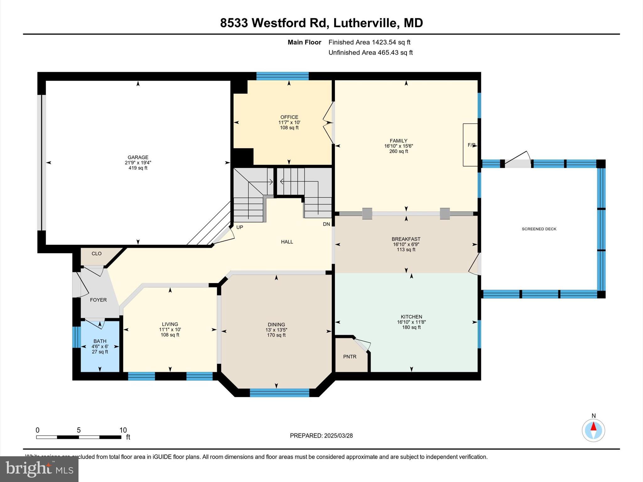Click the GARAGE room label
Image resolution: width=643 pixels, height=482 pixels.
tap(138, 157)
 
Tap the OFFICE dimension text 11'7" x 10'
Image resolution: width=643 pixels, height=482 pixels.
tap(289, 122)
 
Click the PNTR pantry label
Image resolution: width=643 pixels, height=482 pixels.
tap(349, 356)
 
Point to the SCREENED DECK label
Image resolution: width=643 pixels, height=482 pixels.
tap(539, 229)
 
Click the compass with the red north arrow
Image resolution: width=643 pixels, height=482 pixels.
tap(593, 430)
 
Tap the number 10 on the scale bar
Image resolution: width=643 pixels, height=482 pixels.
tap(123, 430)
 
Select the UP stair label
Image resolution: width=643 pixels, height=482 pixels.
tap(240, 227)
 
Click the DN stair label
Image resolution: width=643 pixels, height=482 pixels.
tap(327, 224)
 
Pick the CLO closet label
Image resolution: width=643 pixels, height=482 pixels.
tap(96, 254)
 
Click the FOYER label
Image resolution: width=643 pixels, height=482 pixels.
tap(98, 300)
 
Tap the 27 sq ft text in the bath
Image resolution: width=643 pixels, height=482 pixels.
tap(100, 352)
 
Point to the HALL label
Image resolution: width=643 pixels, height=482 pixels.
tap(287, 242)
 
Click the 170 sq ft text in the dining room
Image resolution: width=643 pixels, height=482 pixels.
tap(276, 335)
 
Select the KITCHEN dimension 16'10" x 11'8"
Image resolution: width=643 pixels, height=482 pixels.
tap(411, 322)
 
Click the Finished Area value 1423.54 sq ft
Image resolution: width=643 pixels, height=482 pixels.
tap(391, 42)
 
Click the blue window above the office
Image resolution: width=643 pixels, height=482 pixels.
tap(282, 76)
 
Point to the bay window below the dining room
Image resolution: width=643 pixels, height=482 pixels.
tap(279, 393)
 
